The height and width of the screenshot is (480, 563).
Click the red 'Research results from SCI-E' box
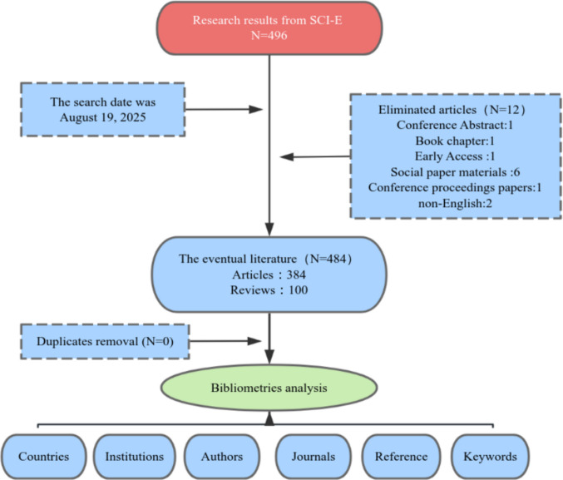click(269, 28)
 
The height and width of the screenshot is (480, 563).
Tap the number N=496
click(269, 35)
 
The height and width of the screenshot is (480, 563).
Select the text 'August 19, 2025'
click(102, 117)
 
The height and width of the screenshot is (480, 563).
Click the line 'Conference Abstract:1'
click(455, 125)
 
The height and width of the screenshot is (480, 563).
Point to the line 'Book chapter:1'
click(455, 141)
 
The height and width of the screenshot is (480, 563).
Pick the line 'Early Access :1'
click(455, 156)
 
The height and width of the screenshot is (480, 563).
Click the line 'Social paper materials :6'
click(455, 172)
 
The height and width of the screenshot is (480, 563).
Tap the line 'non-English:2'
click(455, 203)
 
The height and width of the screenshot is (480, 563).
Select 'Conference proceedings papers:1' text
click(455, 187)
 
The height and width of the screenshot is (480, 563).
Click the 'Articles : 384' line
click(269, 275)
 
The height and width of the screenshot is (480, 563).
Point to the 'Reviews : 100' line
click(269, 290)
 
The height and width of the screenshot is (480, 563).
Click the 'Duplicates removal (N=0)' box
click(105, 341)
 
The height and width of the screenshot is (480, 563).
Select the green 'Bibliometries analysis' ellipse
click(269, 388)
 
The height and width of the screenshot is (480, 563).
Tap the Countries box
click(43, 456)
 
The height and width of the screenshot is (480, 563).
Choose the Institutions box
click(134, 456)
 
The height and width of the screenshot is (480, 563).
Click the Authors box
click(222, 456)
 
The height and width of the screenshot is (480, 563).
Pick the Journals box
click(313, 456)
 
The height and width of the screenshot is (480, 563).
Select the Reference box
click(401, 456)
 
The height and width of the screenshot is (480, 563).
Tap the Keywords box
click(490, 456)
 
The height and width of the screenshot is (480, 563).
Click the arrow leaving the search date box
click(224, 109)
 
